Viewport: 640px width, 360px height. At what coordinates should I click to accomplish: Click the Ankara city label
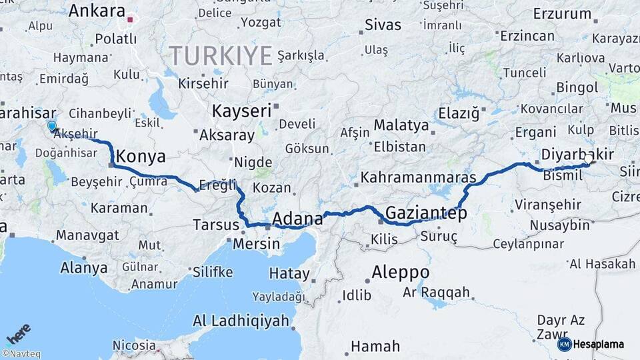[x=97, y=11]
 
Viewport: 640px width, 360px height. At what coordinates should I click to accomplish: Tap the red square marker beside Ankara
[x=131, y=19]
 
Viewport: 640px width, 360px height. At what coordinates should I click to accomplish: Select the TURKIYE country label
[x=220, y=54]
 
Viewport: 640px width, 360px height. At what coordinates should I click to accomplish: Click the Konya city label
[x=141, y=157]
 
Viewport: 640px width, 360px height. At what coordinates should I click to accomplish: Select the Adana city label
[x=297, y=218]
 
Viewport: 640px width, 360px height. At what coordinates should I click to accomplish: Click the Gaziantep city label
[x=426, y=213]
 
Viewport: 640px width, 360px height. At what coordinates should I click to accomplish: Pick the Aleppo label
[x=400, y=273]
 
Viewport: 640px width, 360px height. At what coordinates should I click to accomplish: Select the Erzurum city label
[x=562, y=13]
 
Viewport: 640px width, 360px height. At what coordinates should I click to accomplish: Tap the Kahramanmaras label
[x=418, y=179]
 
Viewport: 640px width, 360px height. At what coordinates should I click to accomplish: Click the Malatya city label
[x=401, y=125]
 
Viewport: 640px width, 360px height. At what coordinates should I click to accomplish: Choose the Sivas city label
[x=383, y=25]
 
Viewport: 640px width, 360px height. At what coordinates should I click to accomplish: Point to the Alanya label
[x=83, y=268]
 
